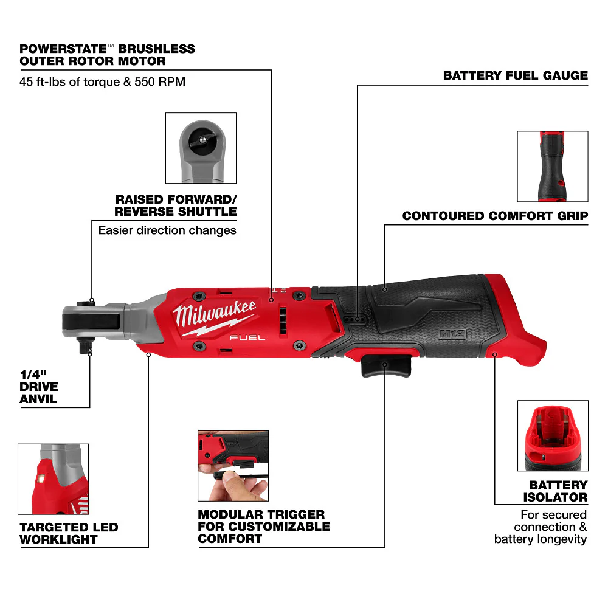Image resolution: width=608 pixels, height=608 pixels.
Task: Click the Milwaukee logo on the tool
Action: point(214,315)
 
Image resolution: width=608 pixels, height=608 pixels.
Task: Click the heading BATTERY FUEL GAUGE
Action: point(516,76)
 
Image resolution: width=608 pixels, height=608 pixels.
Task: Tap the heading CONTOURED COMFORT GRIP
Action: point(495,216)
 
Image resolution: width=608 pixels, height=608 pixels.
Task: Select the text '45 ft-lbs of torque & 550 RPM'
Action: point(102,81)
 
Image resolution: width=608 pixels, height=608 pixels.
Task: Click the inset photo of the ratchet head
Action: point(201,148)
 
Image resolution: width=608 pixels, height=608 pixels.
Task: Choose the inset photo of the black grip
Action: point(552,166)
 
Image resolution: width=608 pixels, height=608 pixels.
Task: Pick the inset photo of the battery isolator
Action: point(552,435)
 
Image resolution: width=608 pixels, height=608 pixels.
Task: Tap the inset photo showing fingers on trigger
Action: point(232,465)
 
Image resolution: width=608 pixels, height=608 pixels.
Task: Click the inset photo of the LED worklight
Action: point(53,479)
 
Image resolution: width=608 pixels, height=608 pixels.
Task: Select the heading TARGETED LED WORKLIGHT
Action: point(68,533)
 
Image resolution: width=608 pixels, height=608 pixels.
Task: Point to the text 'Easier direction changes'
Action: point(167,230)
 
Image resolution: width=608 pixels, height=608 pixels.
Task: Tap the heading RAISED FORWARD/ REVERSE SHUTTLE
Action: point(176,206)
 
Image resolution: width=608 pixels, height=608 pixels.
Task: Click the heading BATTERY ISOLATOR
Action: point(558,491)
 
